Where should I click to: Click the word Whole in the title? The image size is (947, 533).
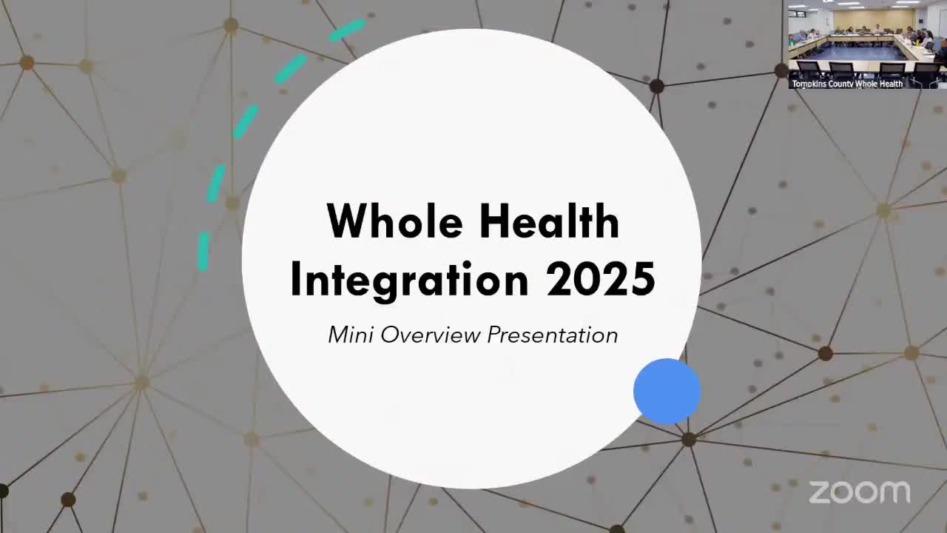395,221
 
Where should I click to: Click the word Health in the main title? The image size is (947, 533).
550,221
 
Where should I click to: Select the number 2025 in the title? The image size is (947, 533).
601,279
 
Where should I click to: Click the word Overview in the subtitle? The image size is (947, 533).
431,335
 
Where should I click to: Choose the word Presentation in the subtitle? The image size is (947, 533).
553,335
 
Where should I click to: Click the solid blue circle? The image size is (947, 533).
667,392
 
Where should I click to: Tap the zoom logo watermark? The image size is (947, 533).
860,492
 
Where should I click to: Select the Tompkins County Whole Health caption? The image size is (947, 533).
847,84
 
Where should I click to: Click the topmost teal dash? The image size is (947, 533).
347,30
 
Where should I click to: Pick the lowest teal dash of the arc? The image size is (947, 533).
203,251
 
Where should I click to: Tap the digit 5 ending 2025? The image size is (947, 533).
644,279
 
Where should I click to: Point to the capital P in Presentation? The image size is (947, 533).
496,334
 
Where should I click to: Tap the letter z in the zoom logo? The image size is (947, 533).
819,493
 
